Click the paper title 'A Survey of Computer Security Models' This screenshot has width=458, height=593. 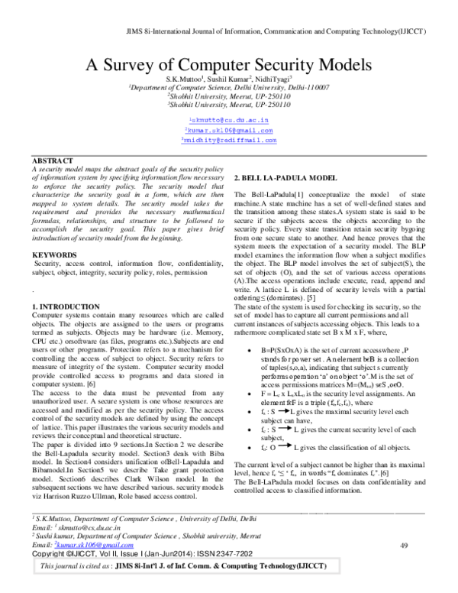click(x=229, y=63)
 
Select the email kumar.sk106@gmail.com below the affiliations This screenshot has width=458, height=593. click(x=230, y=131)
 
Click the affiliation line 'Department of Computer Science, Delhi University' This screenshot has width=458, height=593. click(x=229, y=89)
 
